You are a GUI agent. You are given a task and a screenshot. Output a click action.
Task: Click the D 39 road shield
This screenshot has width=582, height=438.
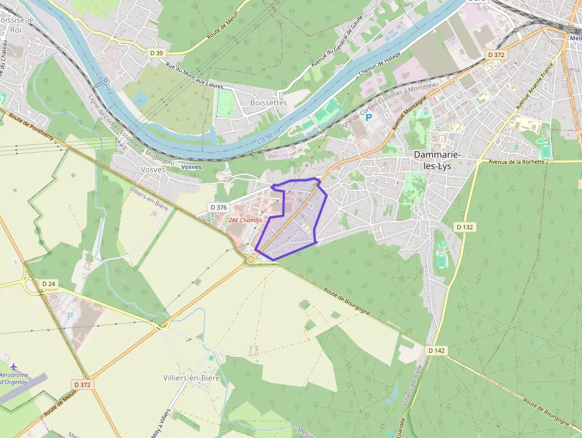[157, 53]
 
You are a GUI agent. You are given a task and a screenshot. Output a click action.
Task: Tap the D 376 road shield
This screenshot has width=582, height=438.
[219, 207]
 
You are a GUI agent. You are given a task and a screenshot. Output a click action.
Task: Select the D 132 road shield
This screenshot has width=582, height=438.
[465, 227]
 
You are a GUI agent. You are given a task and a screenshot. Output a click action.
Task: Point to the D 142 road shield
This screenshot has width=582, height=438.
[436, 351]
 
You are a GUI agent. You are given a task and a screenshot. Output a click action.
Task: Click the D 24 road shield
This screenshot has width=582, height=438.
[49, 284]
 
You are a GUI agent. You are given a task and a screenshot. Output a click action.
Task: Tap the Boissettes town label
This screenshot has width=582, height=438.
[268, 102]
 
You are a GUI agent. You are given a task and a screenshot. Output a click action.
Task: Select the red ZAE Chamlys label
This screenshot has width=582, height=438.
[245, 220]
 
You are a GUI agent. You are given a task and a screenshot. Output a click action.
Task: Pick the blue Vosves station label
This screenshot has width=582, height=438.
[191, 167]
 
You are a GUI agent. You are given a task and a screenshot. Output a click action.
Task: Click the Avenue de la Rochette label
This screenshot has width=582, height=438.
[516, 162]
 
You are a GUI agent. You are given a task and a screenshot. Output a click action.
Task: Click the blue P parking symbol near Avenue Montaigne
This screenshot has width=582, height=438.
[369, 118]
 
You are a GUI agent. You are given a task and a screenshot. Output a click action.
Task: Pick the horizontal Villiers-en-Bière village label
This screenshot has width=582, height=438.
[191, 378]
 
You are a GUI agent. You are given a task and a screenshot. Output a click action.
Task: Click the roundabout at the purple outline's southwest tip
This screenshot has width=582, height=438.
[252, 258]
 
